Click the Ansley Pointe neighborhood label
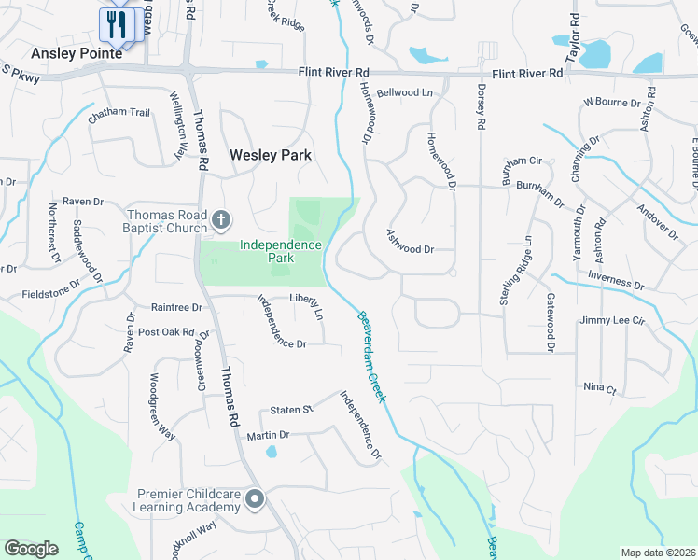click(x=77, y=53)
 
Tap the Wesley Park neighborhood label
click(x=270, y=155)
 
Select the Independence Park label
click(x=281, y=251)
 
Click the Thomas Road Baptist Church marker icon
click(x=220, y=220)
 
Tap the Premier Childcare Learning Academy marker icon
click(x=255, y=501)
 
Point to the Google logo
click(x=31, y=549)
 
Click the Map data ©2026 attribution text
click(x=657, y=553)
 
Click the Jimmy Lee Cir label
click(x=612, y=320)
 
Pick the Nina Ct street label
click(x=599, y=387)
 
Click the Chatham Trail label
click(x=119, y=113)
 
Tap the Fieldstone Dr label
click(x=52, y=287)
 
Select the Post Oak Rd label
click(x=165, y=332)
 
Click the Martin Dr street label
click(x=269, y=435)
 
